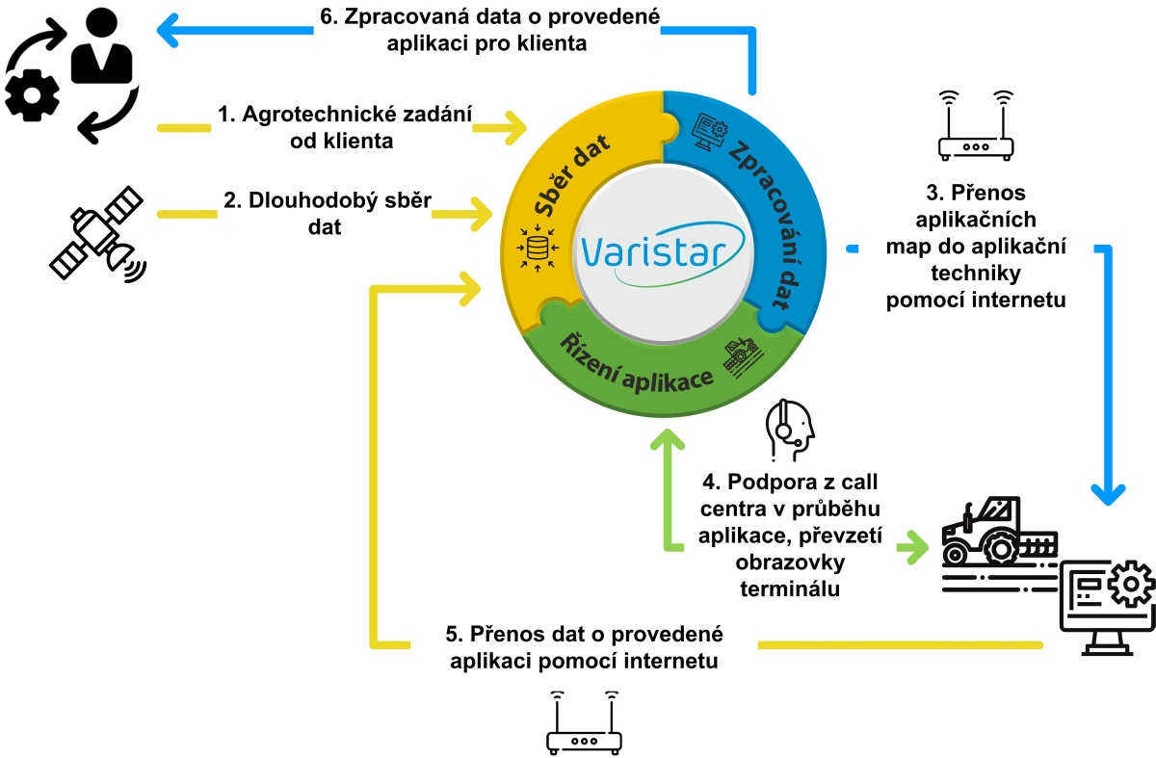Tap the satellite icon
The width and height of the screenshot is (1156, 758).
pyautogui.click(x=97, y=234)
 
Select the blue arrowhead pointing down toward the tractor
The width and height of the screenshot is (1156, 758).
pyautogui.click(x=1107, y=490)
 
